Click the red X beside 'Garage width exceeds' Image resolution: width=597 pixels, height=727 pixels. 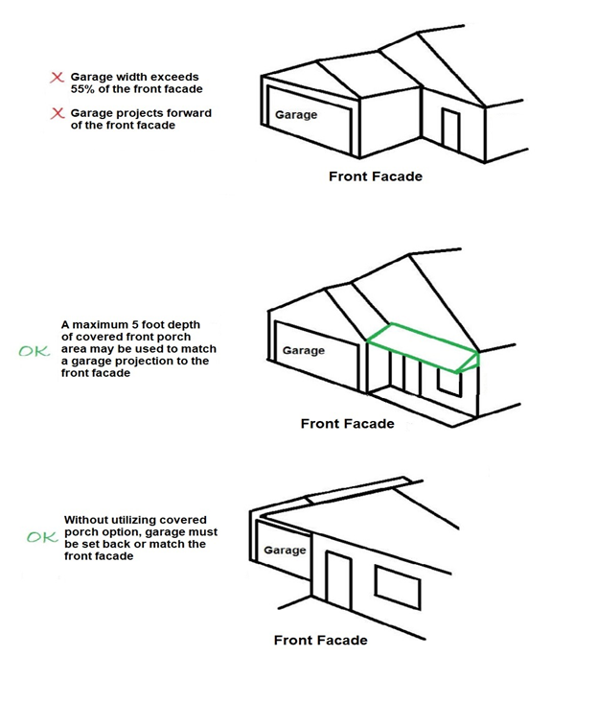57,77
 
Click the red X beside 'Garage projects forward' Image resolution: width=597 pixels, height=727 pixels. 57,114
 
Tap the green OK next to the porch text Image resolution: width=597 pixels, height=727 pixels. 34,351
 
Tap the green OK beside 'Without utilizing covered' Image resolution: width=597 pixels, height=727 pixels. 41,537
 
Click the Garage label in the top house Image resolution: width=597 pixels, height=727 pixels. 296,115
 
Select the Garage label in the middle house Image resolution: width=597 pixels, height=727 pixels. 303,351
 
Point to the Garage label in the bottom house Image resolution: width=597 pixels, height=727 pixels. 285,551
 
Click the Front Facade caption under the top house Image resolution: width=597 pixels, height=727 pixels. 375,176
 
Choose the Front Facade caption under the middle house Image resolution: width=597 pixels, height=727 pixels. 347,424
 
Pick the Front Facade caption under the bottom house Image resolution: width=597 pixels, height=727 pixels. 320,640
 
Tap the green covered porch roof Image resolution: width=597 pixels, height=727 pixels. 422,345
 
